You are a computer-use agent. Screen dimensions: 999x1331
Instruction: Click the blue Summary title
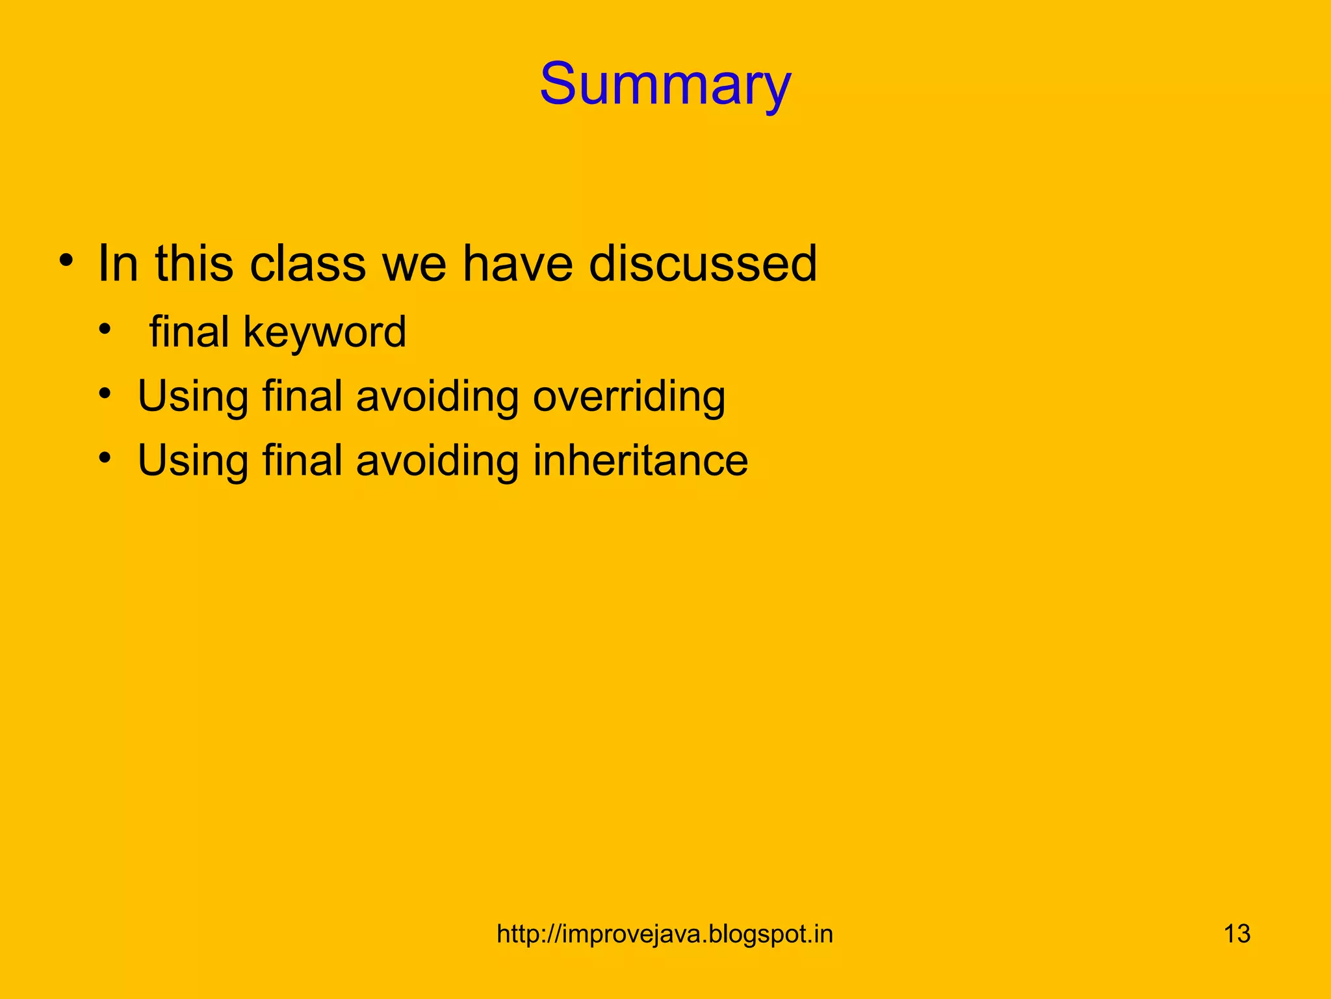click(x=665, y=85)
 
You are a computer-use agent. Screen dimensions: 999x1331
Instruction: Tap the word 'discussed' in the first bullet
click(x=703, y=263)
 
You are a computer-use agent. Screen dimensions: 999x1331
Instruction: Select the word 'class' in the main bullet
click(x=308, y=263)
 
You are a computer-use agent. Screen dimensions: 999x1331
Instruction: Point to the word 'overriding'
click(x=628, y=397)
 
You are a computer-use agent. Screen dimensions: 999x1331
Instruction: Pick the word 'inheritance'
click(x=640, y=460)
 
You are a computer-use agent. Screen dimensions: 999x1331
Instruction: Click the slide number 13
click(x=1237, y=934)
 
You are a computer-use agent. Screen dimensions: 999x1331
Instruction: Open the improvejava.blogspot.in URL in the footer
click(x=664, y=934)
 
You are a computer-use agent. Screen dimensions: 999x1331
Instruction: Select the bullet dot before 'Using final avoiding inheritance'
click(x=105, y=457)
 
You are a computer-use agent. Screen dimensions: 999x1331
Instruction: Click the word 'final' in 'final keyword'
click(x=189, y=332)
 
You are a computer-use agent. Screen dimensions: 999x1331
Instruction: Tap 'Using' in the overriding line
click(x=193, y=397)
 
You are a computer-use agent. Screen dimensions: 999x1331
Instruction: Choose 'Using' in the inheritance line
click(x=193, y=460)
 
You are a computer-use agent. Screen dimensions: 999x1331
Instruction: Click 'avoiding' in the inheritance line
click(x=437, y=460)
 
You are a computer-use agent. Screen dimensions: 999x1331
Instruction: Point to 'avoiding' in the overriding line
click(x=437, y=397)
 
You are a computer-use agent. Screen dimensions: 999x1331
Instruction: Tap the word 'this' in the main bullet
click(x=194, y=263)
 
